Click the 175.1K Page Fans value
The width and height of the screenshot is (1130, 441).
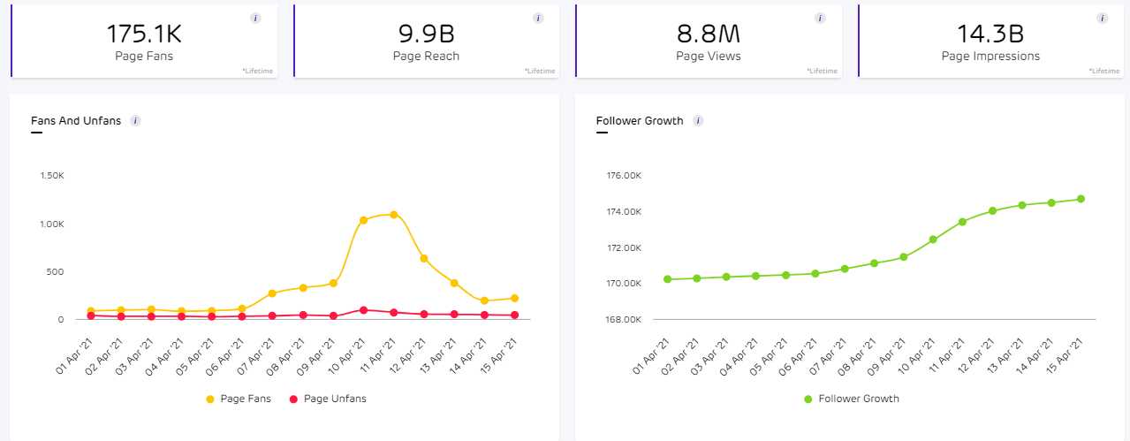point(144,34)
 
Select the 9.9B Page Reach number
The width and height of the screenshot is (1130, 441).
point(426,34)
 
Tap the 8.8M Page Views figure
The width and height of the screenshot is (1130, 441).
point(708,34)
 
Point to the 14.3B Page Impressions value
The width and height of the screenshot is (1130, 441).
point(990,34)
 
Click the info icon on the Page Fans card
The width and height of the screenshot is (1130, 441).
point(255,18)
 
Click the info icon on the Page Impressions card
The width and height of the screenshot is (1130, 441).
point(1102,18)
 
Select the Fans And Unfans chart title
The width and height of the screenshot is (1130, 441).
point(75,120)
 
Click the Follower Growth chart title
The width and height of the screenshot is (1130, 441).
point(640,120)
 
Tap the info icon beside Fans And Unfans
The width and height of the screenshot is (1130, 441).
point(135,120)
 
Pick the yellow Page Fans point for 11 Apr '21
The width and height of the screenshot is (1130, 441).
point(393,215)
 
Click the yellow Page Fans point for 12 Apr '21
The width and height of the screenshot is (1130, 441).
point(424,258)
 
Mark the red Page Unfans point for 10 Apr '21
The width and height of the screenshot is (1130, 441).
point(363,310)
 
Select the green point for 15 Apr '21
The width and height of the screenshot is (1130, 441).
point(1080,199)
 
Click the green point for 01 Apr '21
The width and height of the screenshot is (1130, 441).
point(667,279)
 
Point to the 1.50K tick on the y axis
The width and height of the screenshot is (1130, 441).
point(52,176)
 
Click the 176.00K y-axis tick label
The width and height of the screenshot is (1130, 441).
point(623,176)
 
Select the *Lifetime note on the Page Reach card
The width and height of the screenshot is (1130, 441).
point(540,70)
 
